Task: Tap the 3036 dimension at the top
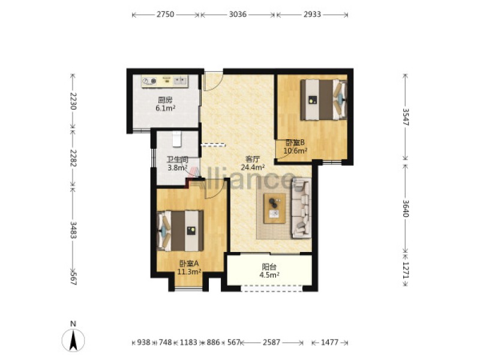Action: point(238,14)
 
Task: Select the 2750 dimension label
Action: point(166,14)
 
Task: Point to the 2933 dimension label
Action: point(312,14)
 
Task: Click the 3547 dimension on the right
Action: point(406,117)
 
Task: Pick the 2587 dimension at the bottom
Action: point(271,342)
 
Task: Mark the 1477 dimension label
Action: point(329,342)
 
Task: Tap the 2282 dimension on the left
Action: point(73,158)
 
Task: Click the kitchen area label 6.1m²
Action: point(166,108)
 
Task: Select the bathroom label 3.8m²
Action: point(178,168)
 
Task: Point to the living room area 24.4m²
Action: point(253,167)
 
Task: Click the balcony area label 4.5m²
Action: point(269,275)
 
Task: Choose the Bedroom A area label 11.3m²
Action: point(189,271)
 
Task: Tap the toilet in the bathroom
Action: point(177,139)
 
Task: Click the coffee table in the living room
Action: point(275,208)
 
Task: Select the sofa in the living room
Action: point(302,208)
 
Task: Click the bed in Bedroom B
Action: point(323,100)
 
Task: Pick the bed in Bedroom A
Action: point(181,231)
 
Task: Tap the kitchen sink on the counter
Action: point(181,81)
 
